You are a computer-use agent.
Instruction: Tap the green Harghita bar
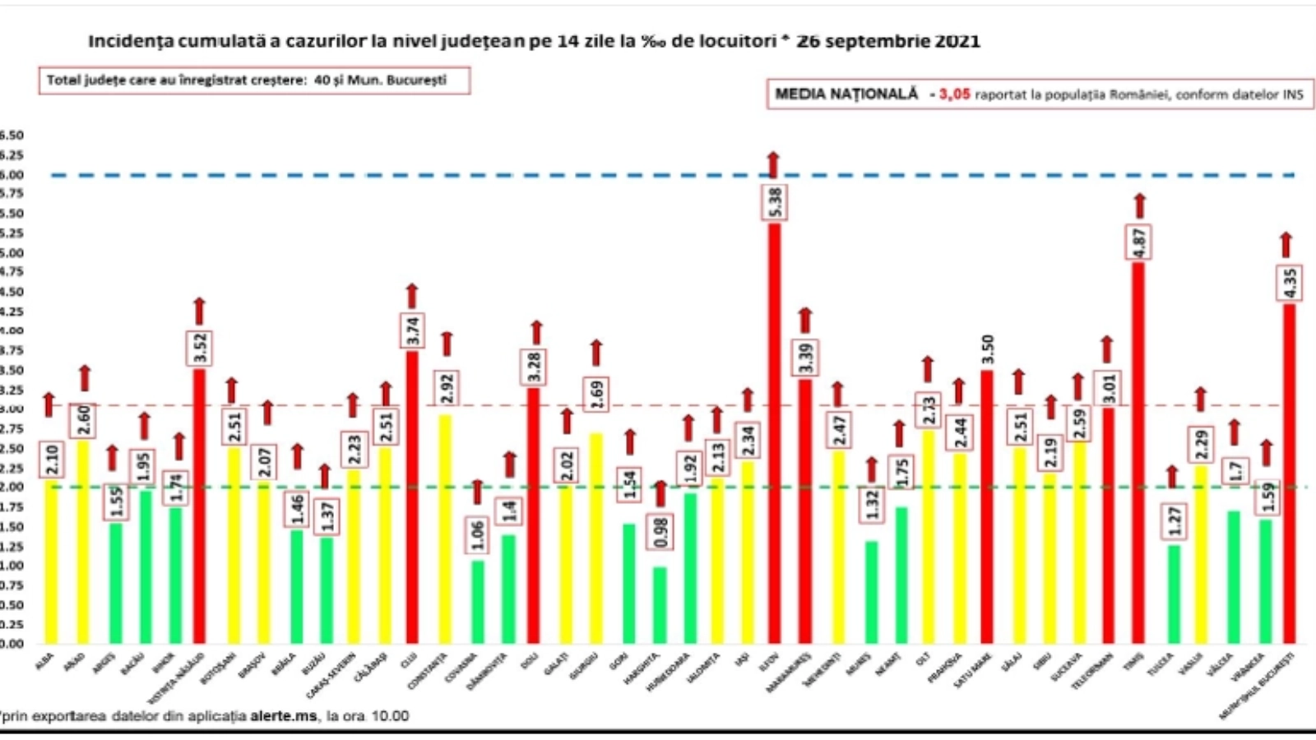click(660, 605)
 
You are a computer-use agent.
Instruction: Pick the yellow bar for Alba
click(51, 567)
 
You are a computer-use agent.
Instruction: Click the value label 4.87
click(1139, 242)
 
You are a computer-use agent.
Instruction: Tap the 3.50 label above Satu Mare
click(988, 349)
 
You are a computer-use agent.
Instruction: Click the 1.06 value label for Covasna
click(478, 535)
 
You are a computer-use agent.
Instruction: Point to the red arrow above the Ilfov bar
click(773, 164)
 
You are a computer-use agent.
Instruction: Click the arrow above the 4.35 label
click(1286, 245)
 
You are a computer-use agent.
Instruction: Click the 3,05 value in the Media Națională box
click(954, 95)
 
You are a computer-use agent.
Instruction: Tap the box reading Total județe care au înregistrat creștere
click(254, 81)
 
